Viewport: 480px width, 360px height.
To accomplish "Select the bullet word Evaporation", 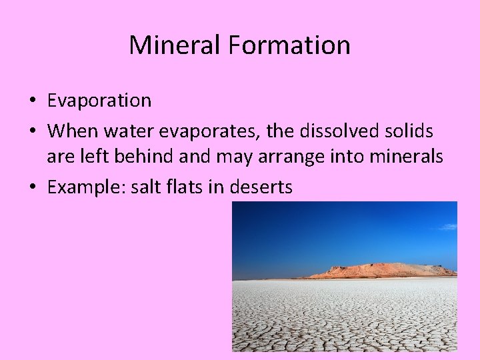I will click(99, 101).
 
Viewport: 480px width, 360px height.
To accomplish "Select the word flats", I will click(186, 187).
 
